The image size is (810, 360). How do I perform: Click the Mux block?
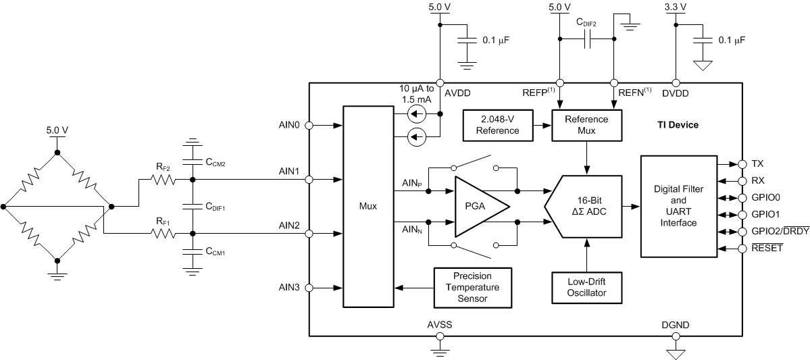click(x=368, y=207)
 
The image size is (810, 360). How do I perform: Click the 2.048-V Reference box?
click(x=497, y=124)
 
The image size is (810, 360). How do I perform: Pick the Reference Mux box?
click(x=586, y=124)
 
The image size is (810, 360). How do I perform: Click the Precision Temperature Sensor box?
click(x=472, y=287)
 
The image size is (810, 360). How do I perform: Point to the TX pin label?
click(x=758, y=164)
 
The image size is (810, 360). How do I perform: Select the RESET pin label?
click(x=767, y=249)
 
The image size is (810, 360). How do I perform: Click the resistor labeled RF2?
click(x=162, y=180)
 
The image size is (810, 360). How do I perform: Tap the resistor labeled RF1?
click(x=162, y=234)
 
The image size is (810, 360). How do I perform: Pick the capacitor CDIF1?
click(x=193, y=207)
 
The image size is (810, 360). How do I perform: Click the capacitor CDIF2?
click(x=586, y=41)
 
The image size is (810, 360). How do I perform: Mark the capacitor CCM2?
click(x=193, y=162)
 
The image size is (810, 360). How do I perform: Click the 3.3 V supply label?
click(x=675, y=8)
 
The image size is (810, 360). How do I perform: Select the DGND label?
click(x=675, y=325)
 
